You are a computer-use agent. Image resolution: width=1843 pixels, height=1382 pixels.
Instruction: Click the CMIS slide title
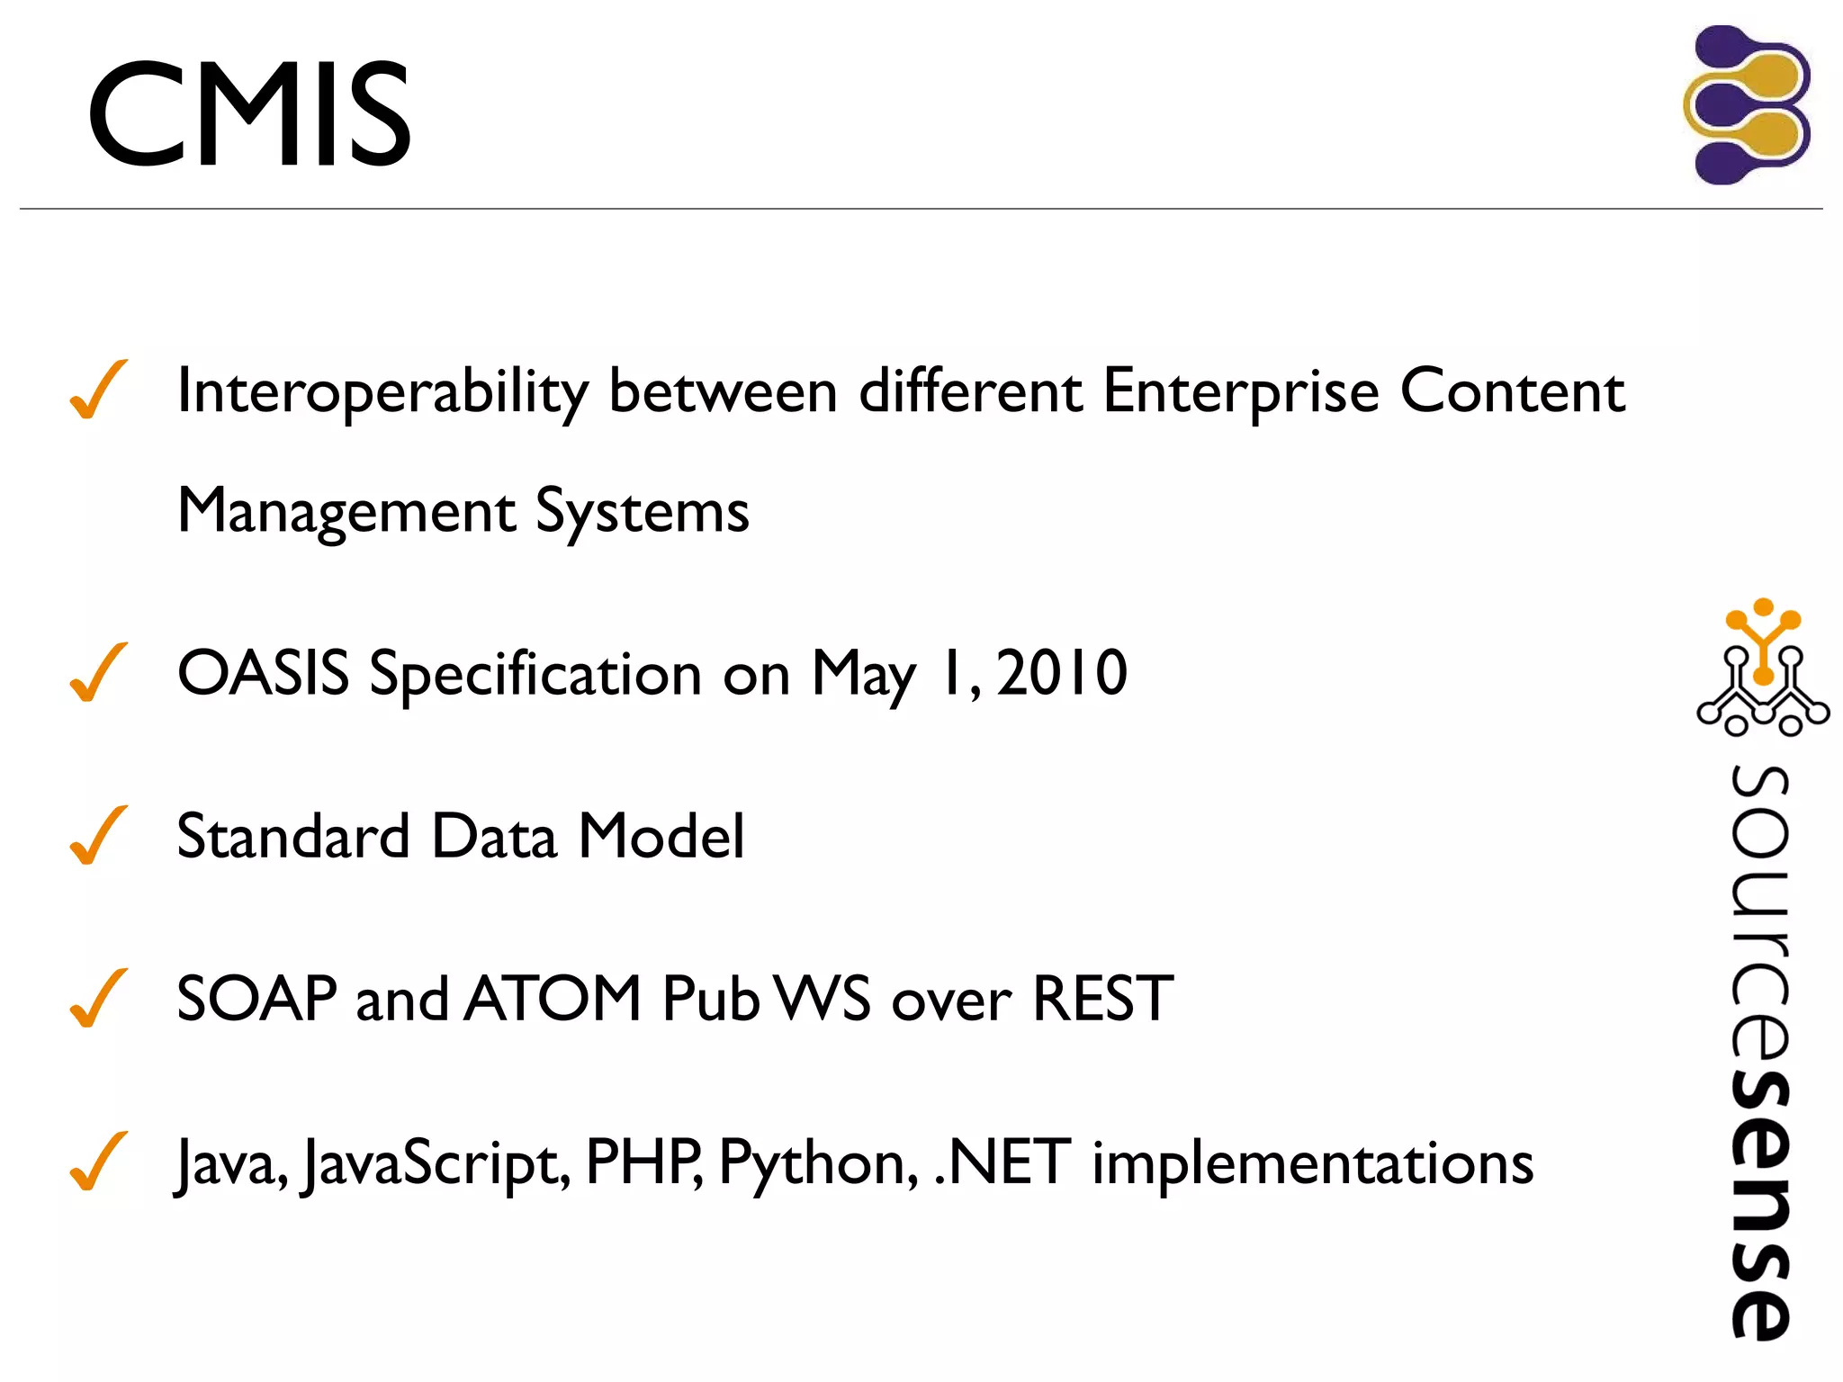pyautogui.click(x=249, y=114)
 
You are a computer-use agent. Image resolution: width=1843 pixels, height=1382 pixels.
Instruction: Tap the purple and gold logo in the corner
pyautogui.click(x=1747, y=105)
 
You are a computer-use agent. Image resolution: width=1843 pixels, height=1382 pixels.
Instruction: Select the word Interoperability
pyautogui.click(x=382, y=392)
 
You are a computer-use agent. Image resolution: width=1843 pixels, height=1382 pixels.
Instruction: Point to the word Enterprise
pyautogui.click(x=1241, y=392)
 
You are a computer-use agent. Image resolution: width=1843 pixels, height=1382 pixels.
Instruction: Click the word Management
pyautogui.click(x=346, y=511)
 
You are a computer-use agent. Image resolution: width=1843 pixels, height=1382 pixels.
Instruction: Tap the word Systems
pyautogui.click(x=642, y=511)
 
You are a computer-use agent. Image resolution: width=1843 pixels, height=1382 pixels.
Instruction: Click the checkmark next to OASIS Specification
pyautogui.click(x=98, y=672)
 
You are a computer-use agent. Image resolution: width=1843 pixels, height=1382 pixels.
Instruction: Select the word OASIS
pyautogui.click(x=263, y=673)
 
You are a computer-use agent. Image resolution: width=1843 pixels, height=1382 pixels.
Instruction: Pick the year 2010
pyautogui.click(x=1062, y=673)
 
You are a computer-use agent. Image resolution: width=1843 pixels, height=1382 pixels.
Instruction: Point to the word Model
pyautogui.click(x=661, y=836)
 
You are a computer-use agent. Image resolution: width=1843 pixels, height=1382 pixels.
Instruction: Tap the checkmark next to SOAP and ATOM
pyautogui.click(x=98, y=998)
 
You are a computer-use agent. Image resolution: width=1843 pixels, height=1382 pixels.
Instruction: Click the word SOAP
pyautogui.click(x=256, y=999)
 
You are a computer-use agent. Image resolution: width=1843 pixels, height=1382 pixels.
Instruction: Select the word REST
pyautogui.click(x=1102, y=999)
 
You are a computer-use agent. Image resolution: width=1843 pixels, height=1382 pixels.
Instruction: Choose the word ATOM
pyautogui.click(x=553, y=999)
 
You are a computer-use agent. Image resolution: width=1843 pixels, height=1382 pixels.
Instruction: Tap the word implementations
pyautogui.click(x=1312, y=1163)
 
